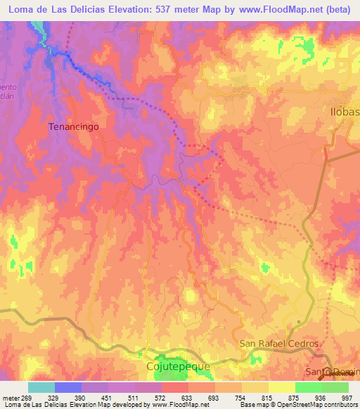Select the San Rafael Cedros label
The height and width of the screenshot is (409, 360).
[279, 344]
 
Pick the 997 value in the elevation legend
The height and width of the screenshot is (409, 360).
[346, 398]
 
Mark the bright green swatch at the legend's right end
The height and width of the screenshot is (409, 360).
[335, 387]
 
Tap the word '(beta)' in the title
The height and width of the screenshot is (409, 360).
[340, 9]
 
